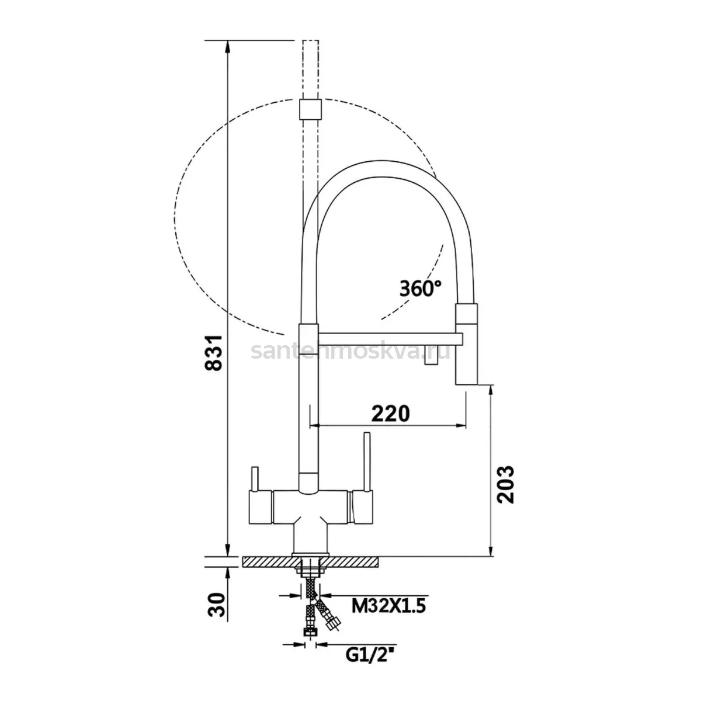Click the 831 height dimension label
pos(213,352)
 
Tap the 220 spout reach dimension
pos(390,413)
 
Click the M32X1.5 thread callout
pos(388,606)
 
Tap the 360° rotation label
pos(421,289)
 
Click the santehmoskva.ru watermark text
pos(350,352)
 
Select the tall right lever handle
pos(367,461)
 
